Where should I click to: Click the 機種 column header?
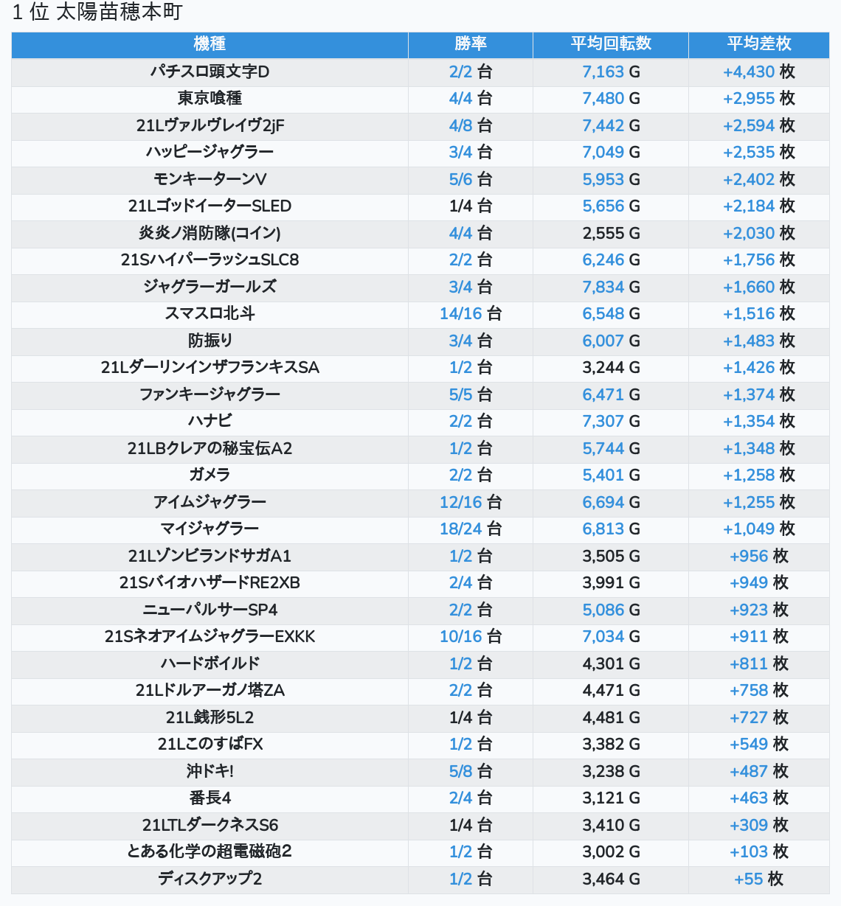pyautogui.click(x=210, y=44)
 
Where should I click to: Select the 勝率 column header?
pyautogui.click(x=470, y=44)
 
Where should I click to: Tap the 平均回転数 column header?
pyautogui.click(x=611, y=44)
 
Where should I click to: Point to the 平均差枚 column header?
pyautogui.click(x=758, y=44)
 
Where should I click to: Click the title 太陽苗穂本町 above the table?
pyautogui.click(x=119, y=13)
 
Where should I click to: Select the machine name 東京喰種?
pyautogui.click(x=210, y=98)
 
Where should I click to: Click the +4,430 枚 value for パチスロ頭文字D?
pyautogui.click(x=758, y=72)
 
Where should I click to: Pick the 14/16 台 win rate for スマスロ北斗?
pyautogui.click(x=470, y=313)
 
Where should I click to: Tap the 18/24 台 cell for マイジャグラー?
pyautogui.click(x=470, y=529)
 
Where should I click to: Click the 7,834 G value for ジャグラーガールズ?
pyautogui.click(x=611, y=287)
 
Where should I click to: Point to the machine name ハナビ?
pyautogui.click(x=210, y=421)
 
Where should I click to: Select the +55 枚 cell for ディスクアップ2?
pyautogui.click(x=758, y=879)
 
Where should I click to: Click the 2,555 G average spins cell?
pyautogui.click(x=611, y=233)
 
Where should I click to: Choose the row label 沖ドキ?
pyautogui.click(x=210, y=771)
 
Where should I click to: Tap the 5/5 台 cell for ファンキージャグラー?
pyautogui.click(x=470, y=394)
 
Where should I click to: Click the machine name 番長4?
pyautogui.click(x=210, y=798)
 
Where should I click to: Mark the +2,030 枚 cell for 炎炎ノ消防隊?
pyautogui.click(x=758, y=233)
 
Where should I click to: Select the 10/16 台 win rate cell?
pyautogui.click(x=470, y=636)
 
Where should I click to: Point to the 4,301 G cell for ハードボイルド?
pyautogui.click(x=611, y=663)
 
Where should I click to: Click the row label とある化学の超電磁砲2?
pyautogui.click(x=210, y=851)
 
